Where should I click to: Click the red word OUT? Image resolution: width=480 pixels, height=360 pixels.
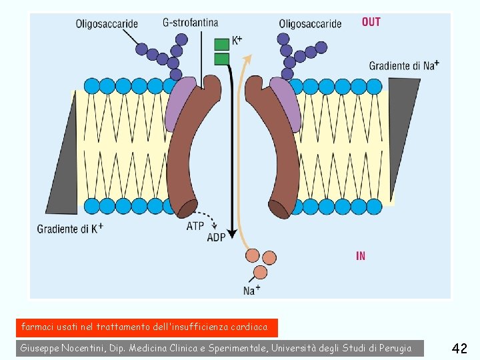click(x=371, y=22)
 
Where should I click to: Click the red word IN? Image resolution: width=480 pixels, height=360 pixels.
click(x=361, y=256)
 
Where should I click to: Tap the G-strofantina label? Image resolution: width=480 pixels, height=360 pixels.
click(x=190, y=22)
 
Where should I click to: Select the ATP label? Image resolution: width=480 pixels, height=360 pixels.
click(x=195, y=226)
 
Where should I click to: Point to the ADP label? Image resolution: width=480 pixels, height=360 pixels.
click(x=216, y=237)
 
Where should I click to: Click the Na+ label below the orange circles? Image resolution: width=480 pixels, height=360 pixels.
click(x=251, y=290)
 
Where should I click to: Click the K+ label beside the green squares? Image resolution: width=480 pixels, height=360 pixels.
click(x=237, y=41)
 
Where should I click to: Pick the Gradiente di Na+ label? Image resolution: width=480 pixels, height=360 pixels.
click(x=404, y=65)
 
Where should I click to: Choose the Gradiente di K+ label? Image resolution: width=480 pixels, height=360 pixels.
click(x=70, y=228)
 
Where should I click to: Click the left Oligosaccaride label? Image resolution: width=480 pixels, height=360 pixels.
click(x=107, y=23)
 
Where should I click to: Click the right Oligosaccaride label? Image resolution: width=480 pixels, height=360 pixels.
click(x=310, y=23)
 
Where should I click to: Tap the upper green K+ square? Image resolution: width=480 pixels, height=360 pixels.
click(x=221, y=45)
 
